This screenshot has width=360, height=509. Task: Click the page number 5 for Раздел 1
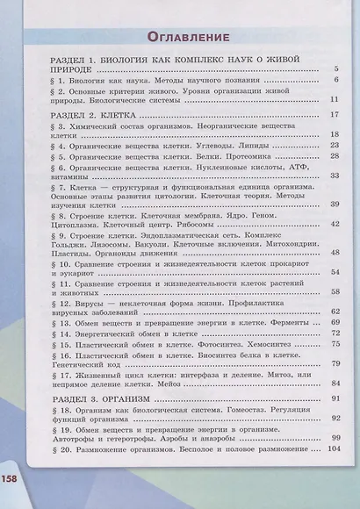click(x=336, y=68)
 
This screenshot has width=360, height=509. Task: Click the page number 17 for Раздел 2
click(x=335, y=115)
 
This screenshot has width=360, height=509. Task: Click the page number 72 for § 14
click(x=335, y=334)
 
